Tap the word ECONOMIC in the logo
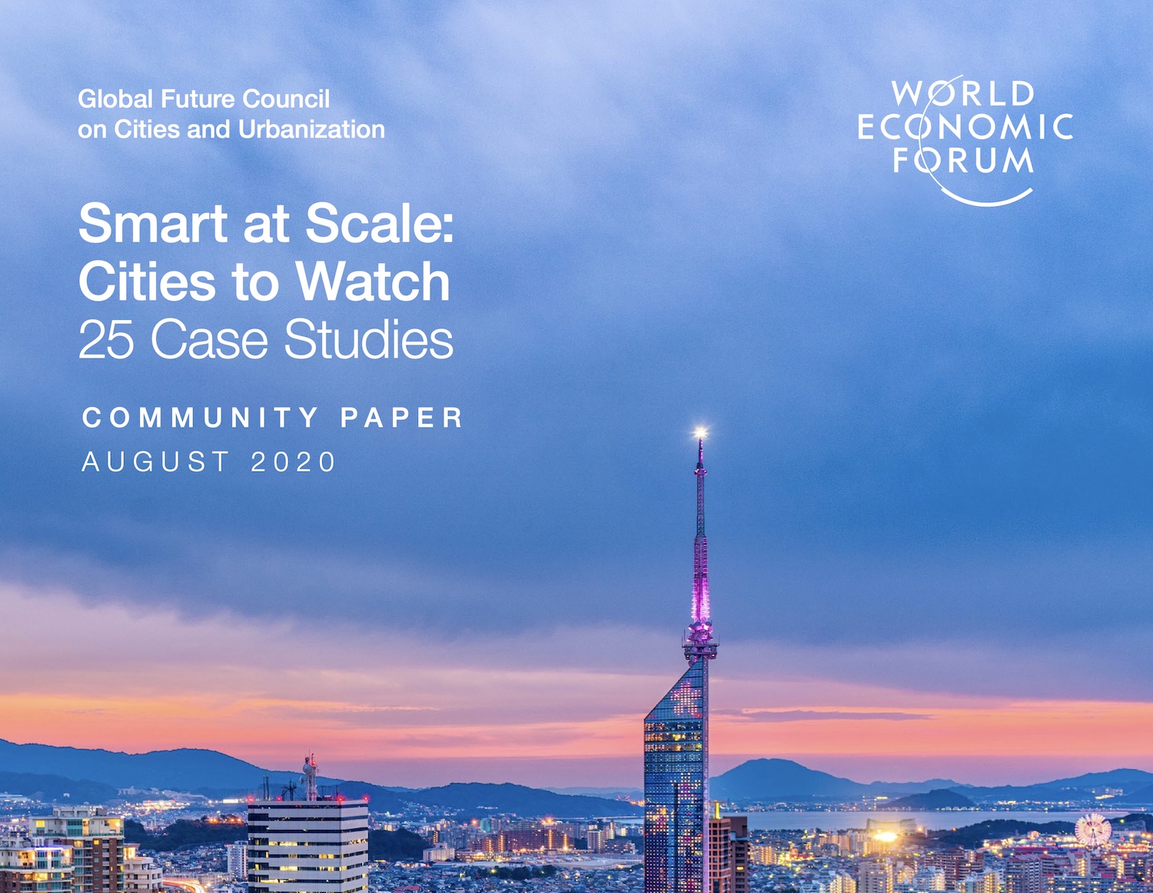point(965,128)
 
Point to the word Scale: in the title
point(380,224)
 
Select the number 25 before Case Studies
point(106,339)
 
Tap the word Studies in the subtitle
point(369,339)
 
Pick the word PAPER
point(401,418)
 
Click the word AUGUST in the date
point(156,461)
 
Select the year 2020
point(294,461)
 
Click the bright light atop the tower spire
point(700,432)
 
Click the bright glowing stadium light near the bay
point(885,835)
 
